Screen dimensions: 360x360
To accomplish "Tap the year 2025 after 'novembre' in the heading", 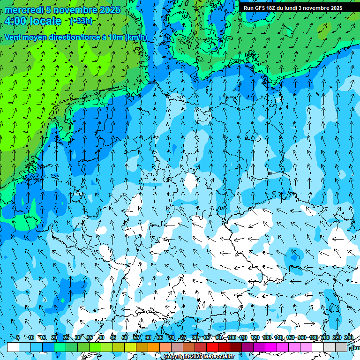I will pos(109,10).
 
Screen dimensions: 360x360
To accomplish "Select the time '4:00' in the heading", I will pos(15,21).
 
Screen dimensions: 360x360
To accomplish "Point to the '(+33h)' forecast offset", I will pos(81,21).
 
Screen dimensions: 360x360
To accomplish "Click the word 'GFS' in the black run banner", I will pos(261,8).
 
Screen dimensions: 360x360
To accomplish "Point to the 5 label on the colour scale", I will pos(18,338).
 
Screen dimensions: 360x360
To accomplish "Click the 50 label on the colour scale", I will pos(125,338).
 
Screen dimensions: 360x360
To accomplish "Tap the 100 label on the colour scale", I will pos(231,338).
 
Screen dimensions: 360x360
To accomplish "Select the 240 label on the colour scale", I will pos(349,338).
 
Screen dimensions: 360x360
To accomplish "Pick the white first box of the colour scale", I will pos(13,347).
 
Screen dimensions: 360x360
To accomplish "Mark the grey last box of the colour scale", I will pos(341,347).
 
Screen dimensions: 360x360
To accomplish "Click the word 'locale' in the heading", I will pos(45,21).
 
